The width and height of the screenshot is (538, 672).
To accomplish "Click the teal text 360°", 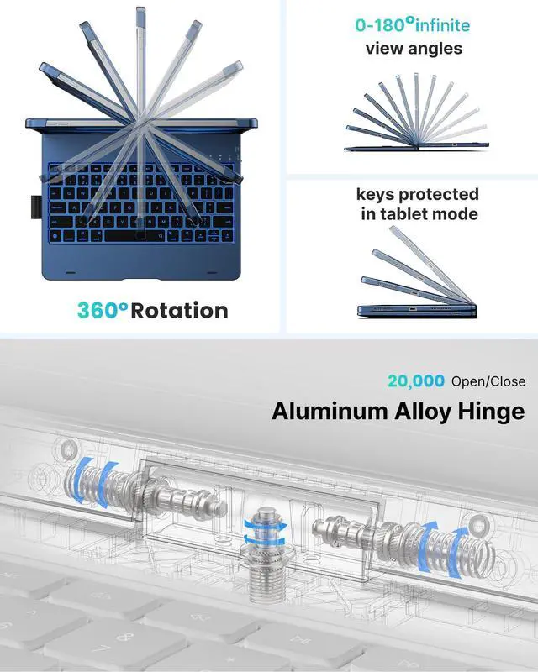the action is [102, 310].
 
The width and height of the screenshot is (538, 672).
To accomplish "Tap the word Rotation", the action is [179, 310].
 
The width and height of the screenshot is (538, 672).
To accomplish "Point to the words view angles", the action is [414, 49].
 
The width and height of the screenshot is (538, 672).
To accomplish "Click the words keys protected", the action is [418, 195].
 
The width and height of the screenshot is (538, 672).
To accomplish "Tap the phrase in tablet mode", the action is [419, 214].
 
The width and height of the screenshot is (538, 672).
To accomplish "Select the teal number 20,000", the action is [416, 381].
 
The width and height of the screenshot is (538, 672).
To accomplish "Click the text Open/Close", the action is [488, 381].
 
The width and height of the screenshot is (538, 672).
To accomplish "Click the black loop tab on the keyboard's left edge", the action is [34, 204].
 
